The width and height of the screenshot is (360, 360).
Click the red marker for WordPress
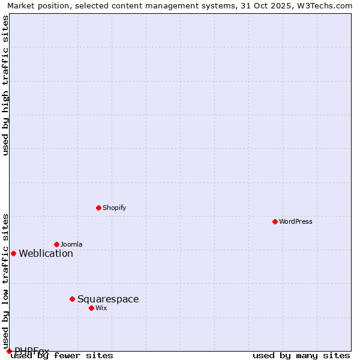[x=275, y=221]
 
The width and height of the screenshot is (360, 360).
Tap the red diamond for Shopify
[x=98, y=208]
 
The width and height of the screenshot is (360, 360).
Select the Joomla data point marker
[x=56, y=244]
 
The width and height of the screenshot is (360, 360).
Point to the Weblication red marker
[x=13, y=253]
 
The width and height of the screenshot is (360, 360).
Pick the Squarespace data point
[x=72, y=299]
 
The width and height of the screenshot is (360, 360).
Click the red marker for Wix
[x=91, y=308]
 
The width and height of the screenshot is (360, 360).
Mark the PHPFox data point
[x=9, y=351]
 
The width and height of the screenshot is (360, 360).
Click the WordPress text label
[x=296, y=221]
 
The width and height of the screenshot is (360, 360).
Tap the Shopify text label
[x=114, y=208]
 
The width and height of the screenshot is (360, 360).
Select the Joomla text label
[x=71, y=244]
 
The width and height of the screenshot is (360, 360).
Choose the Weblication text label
[x=46, y=253]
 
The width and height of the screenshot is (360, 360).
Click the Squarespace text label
[x=108, y=299]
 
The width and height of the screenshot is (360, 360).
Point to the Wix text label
[x=101, y=308]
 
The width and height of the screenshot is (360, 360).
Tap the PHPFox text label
[x=32, y=350]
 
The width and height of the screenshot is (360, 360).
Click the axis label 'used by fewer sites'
[x=62, y=356]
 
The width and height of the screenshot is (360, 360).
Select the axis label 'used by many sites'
[x=301, y=356]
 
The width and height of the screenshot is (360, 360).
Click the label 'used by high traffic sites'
[x=6, y=85]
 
